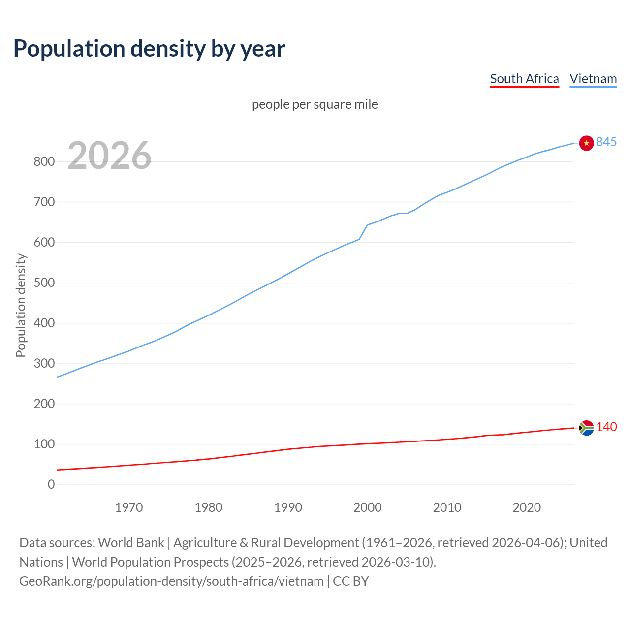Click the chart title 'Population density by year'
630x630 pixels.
coord(149,48)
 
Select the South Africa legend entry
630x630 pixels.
coord(524,79)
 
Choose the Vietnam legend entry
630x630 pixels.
coord(593,79)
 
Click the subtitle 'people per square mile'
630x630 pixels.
coord(315,104)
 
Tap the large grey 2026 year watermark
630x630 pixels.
coord(109,156)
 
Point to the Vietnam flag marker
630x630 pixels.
coord(586,143)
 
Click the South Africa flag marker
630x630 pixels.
coord(586,428)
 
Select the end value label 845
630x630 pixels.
coord(606,142)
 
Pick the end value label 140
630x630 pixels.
coord(606,427)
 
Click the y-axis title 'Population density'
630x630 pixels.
coord(21,305)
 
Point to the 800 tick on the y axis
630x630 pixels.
coord(44,161)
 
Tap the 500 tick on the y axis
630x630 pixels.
coord(44,283)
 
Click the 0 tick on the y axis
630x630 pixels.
coord(51,484)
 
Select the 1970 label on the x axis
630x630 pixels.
coord(129,507)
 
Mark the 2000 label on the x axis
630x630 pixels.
coord(367,507)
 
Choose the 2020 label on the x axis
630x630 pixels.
coord(527,507)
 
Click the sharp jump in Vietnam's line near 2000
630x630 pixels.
coord(363,232)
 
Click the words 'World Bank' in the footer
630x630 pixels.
coord(131,542)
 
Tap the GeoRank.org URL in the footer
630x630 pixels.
coord(171,581)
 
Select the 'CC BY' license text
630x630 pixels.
coord(351,581)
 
